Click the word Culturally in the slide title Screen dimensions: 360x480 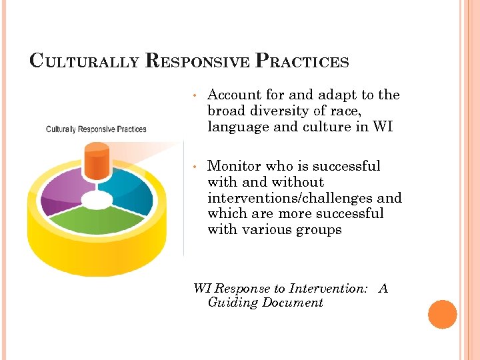84,61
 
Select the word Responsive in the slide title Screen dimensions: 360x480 196,61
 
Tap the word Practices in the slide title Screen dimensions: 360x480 303,61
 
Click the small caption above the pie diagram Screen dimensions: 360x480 96,129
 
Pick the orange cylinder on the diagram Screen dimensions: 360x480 97,161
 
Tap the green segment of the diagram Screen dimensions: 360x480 98,220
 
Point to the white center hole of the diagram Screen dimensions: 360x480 97,199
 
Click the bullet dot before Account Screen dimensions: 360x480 193,96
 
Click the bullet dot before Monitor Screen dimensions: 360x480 193,167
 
